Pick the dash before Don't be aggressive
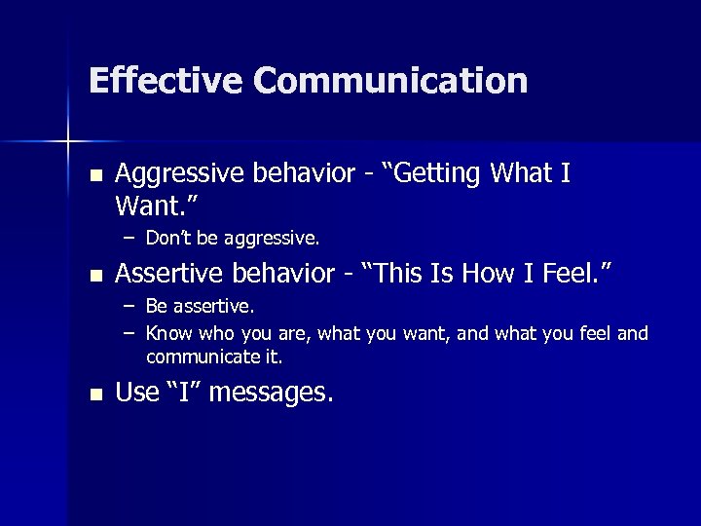coord(129,237)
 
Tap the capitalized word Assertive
coord(166,275)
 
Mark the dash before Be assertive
coord(129,307)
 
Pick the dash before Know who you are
coord(129,334)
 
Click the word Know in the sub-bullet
coord(166,334)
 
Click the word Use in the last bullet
coord(136,394)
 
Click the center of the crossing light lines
coord(67,142)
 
